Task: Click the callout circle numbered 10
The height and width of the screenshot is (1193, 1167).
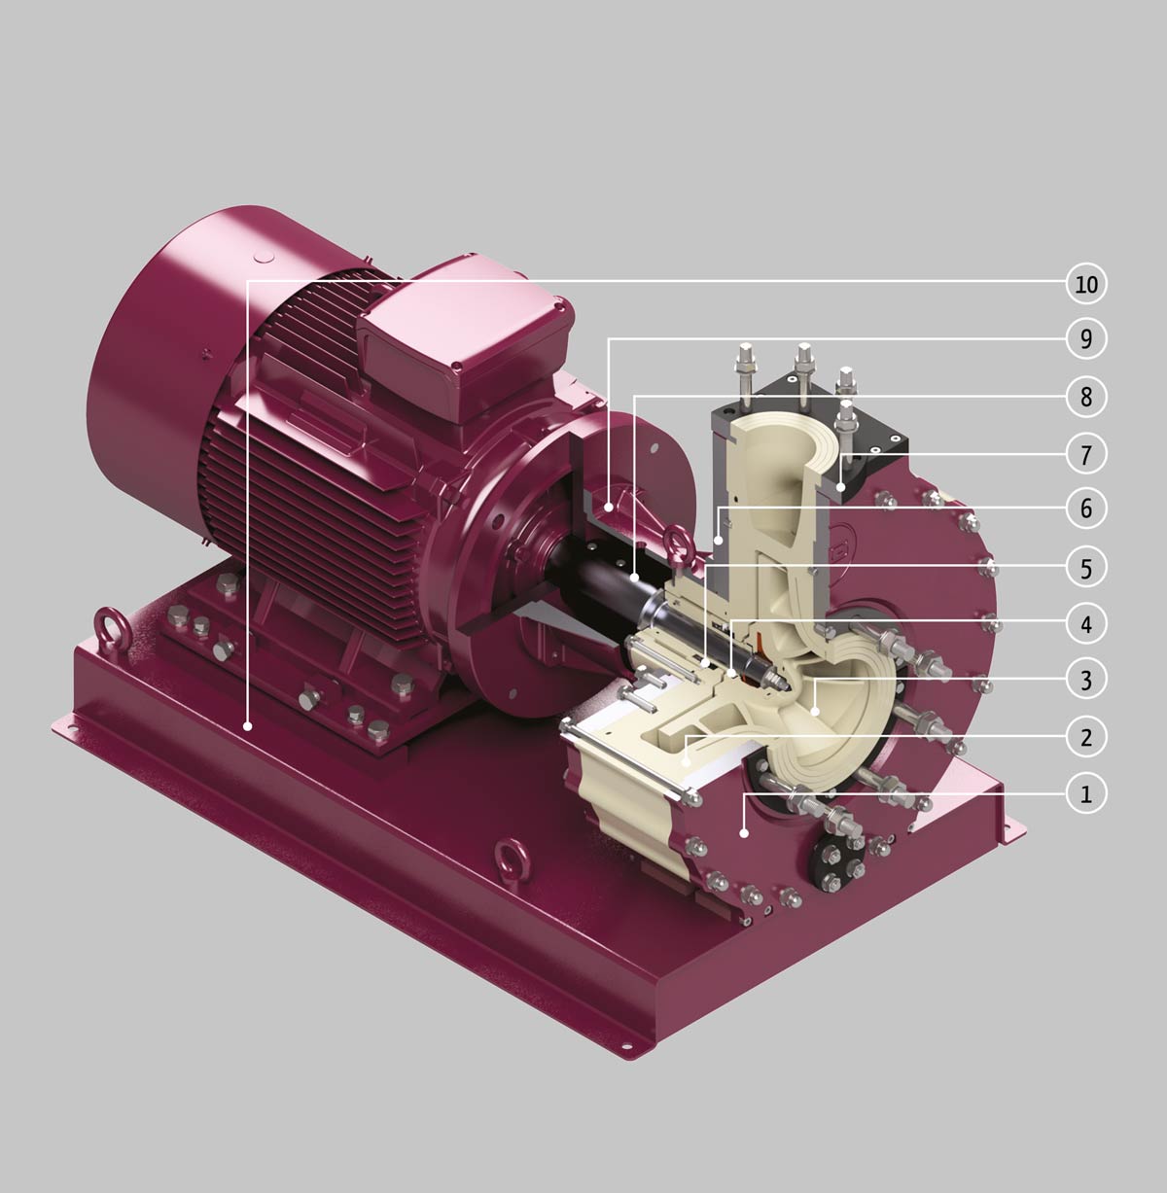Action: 1086,284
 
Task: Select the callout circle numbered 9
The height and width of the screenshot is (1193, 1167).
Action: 1086,338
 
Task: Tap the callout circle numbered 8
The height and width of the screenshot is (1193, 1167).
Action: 1086,397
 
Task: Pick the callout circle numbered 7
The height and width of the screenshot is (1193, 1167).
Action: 1086,454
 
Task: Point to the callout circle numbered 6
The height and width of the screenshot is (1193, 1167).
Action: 1086,509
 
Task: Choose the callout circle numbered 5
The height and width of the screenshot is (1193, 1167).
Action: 1086,568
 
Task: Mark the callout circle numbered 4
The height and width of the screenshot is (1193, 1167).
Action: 1086,624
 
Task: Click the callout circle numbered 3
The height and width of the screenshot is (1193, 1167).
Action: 1086,680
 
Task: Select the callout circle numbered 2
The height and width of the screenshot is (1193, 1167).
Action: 1086,737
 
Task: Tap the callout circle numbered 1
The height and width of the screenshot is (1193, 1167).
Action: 1086,794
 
